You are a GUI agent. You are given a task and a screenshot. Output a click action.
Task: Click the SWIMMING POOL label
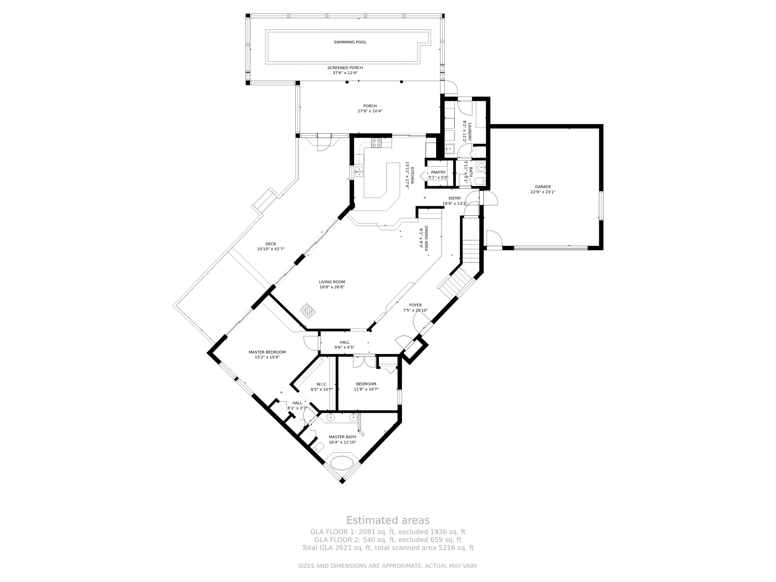coord(350,42)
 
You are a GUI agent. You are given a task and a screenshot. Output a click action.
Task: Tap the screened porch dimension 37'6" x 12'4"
coord(345,73)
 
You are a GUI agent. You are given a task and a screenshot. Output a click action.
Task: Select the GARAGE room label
coord(543,187)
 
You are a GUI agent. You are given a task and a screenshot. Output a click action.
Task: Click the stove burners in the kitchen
coord(376,143)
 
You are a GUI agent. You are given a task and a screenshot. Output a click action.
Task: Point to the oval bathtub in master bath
coord(342,463)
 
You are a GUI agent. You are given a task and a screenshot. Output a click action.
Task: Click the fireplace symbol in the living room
coord(308,310)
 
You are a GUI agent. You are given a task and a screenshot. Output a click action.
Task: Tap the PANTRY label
coord(438,172)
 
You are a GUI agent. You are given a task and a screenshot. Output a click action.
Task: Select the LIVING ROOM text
coord(332,282)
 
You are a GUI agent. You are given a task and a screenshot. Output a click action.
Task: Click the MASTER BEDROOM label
coord(267,352)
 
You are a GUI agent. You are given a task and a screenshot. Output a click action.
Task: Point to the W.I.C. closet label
coord(322,384)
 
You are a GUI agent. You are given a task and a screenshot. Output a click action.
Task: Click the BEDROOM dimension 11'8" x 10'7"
coord(366,389)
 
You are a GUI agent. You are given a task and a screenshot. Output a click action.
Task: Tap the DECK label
coord(271,244)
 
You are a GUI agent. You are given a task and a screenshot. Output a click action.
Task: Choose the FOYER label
coord(415,305)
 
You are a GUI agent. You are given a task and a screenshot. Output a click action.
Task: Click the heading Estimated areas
coord(388,520)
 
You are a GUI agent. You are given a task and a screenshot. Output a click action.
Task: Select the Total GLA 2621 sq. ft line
coord(388,548)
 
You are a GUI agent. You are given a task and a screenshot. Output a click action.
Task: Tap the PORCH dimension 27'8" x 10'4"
coord(370,111)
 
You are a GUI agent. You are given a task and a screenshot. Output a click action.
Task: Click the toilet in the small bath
coord(480,181)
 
